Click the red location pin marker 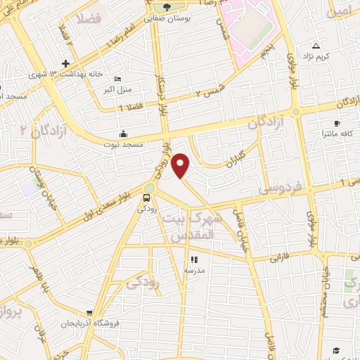181,166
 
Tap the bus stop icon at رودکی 147,198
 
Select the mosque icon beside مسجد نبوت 124,134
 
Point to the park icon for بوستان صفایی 167,8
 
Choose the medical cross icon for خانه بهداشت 65,63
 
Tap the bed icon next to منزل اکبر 117,79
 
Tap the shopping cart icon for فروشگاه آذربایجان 89,313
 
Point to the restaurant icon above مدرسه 194,260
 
